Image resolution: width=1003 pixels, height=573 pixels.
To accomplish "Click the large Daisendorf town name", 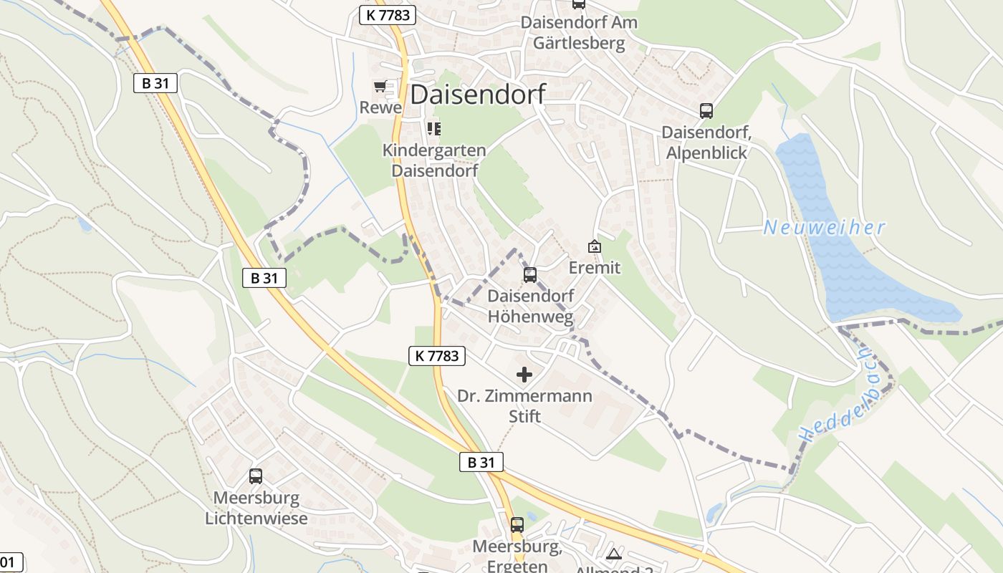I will point(478,94).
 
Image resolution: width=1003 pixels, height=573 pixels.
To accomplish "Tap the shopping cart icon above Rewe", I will point(380,87).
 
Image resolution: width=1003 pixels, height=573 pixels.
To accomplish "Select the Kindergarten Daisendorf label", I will point(434,160).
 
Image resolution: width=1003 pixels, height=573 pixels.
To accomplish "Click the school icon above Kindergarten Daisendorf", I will point(434,129).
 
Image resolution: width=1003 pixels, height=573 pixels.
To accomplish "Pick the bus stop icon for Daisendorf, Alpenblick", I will point(706,110).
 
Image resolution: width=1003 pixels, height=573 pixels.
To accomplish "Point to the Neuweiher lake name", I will point(824,228).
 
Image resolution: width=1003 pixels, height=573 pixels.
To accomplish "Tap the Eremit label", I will point(594,268).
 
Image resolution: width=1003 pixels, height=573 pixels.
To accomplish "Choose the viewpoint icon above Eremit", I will point(594,246).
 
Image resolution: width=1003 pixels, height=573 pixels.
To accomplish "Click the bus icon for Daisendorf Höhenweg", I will point(530,274).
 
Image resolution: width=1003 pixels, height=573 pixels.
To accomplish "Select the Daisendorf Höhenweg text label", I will point(531,306).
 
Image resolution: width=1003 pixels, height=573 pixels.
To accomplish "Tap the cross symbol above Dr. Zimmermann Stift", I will point(524,374).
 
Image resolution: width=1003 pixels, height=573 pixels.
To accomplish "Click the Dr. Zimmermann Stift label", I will point(524,405).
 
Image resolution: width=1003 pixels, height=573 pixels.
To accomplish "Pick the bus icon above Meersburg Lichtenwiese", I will point(256,476).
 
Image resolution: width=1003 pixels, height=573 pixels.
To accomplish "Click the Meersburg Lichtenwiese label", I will point(256,508).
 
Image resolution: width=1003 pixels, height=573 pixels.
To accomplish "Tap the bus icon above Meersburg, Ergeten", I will point(517,524).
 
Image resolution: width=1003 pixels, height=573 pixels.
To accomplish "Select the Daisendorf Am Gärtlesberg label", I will point(579,33).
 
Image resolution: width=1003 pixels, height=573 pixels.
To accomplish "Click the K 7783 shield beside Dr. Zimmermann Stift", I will point(437,355).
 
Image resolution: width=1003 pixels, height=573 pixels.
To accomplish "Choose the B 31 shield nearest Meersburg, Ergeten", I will point(481,462).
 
